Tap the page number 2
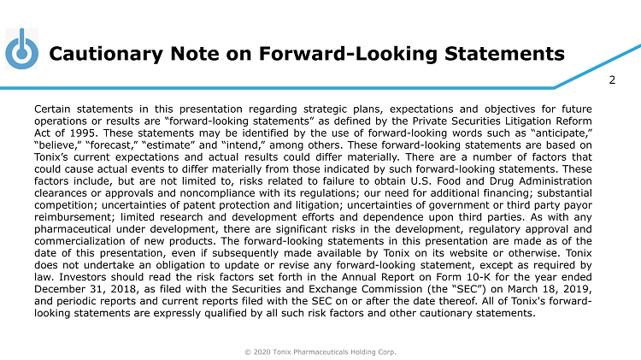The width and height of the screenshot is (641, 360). coord(612,81)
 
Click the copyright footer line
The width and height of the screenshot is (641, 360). coord(320,350)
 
